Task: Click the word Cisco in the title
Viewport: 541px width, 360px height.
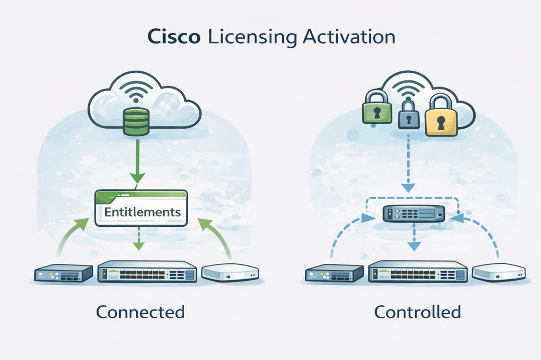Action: [174, 38]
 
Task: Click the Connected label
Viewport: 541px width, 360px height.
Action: [140, 312]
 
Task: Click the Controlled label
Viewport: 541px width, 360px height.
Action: [417, 312]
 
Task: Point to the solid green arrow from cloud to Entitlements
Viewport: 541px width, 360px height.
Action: [137, 161]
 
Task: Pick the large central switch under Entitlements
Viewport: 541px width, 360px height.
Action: [146, 272]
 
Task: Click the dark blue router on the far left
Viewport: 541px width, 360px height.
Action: [63, 274]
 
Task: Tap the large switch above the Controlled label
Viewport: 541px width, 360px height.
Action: [418, 273]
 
